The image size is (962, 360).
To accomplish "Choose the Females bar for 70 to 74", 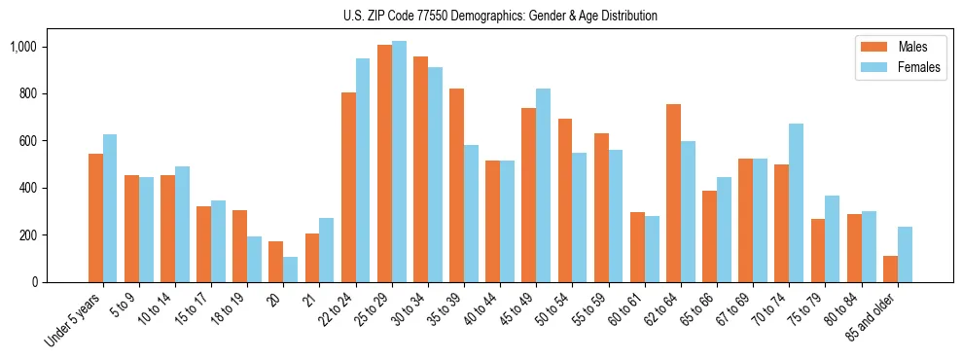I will pyautogui.click(x=796, y=202).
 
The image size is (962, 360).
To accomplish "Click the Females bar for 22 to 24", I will pyautogui.click(x=363, y=170).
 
